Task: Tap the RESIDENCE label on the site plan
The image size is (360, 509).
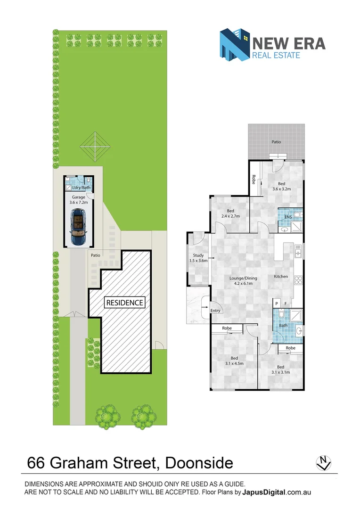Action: click(124, 303)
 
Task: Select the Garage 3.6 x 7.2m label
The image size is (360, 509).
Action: click(79, 200)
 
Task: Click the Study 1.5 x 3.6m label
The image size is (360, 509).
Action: click(198, 258)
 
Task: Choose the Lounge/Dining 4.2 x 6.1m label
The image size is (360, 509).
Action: click(241, 280)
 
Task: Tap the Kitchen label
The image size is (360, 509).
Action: click(281, 276)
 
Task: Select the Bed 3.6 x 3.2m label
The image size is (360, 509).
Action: click(282, 186)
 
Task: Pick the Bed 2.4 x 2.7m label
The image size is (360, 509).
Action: click(230, 213)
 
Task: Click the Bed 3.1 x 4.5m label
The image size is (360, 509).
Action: click(230, 361)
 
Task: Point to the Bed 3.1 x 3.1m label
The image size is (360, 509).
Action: click(280, 369)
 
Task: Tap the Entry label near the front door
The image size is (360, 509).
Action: click(215, 311)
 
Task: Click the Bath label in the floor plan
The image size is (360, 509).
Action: click(283, 325)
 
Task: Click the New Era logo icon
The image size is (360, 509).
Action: click(235, 44)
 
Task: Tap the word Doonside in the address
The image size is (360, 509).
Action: click(199, 462)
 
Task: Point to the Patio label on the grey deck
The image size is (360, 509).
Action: click(276, 141)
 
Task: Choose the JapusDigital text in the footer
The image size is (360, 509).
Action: click(263, 492)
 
